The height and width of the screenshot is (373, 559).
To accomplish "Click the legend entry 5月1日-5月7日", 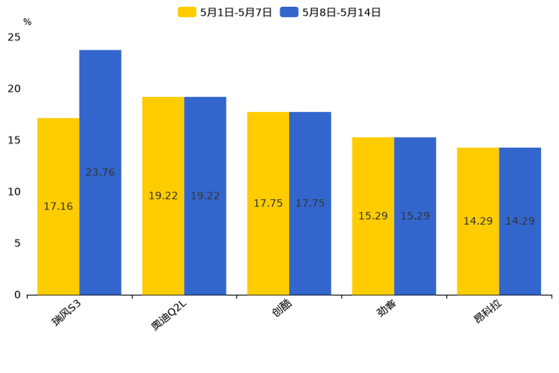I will point(225,12).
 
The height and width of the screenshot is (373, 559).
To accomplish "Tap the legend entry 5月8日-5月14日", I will point(331,12).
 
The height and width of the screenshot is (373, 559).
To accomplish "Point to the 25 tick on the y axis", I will point(14,37).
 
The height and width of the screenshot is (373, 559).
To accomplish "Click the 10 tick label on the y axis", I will point(14,192).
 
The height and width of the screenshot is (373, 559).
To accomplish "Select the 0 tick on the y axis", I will point(17,295).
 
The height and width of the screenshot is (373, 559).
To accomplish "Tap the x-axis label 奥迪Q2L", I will point(168,315).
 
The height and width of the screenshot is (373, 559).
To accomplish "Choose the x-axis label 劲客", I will point(388,309).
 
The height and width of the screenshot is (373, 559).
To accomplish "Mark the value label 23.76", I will point(100,172).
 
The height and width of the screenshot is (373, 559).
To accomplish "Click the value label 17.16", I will point(58,206).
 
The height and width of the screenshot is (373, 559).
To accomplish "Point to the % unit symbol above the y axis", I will point(27,22).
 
